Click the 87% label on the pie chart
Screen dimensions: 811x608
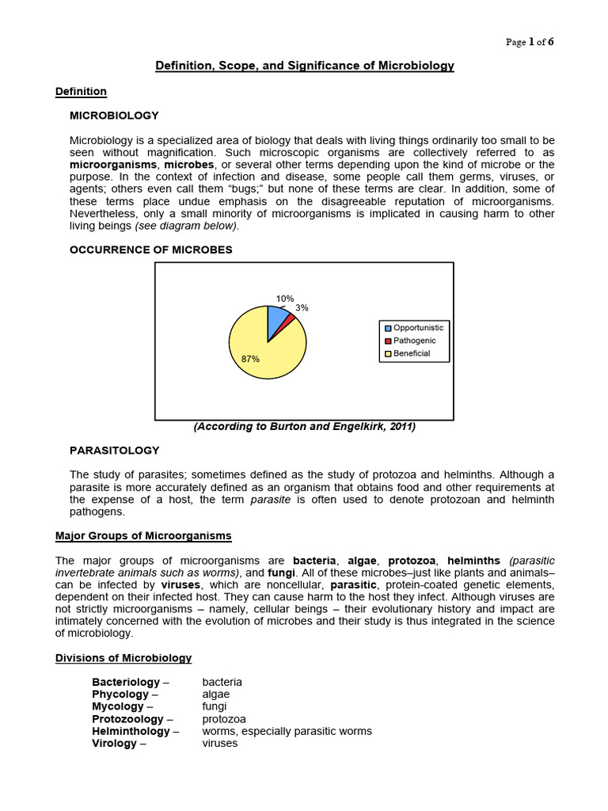[250, 359]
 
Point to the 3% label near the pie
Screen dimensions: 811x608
[302, 308]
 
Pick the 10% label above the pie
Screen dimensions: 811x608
[284, 299]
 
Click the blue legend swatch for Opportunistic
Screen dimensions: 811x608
[388, 328]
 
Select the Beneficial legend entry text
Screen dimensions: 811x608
[412, 353]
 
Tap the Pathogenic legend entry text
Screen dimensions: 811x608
[414, 341]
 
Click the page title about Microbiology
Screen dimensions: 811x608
[304, 66]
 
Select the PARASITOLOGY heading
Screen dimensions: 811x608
[115, 451]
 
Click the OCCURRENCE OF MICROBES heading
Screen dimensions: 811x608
[151, 249]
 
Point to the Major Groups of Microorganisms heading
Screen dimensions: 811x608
[143, 536]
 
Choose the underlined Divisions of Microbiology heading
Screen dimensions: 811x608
[123, 658]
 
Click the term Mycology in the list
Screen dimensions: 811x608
[118, 706]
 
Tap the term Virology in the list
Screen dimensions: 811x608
[115, 744]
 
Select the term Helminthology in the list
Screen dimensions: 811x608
[131, 731]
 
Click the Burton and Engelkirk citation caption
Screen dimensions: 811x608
[305, 427]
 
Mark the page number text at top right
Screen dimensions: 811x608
[530, 42]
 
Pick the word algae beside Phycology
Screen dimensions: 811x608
[216, 694]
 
